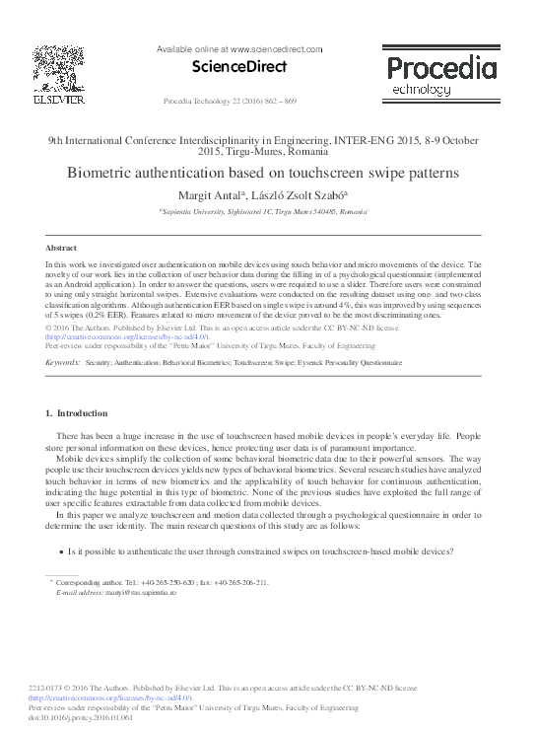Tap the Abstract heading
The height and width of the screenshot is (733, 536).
(62, 248)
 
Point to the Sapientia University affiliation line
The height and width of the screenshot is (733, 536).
(267, 211)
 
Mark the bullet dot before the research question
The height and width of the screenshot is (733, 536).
(62, 553)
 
